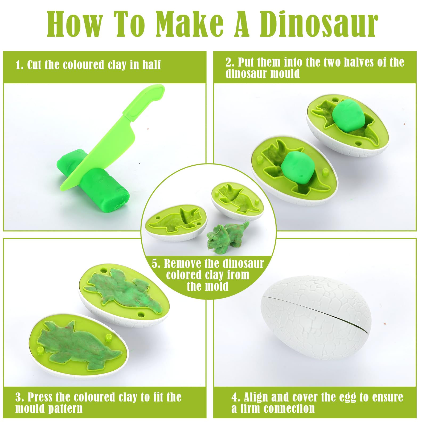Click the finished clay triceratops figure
click(227, 235)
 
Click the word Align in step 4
click(256, 397)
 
